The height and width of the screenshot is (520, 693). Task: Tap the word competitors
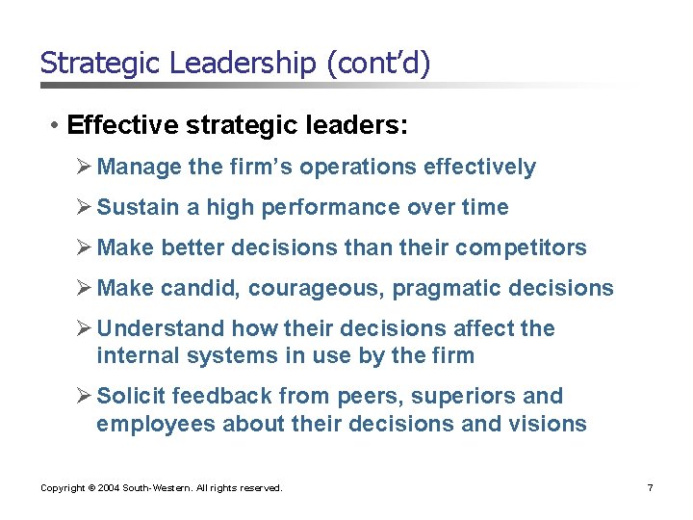tap(521, 247)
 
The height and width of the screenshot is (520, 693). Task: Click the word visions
tap(551, 423)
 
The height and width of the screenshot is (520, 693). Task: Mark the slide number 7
tap(651, 488)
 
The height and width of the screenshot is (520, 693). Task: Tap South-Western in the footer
tap(160, 488)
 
